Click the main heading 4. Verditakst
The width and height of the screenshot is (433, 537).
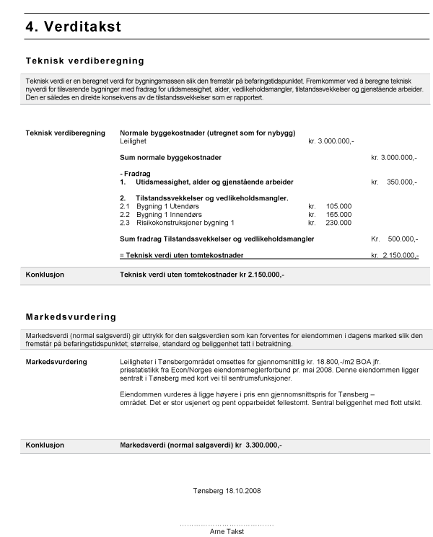[73, 27]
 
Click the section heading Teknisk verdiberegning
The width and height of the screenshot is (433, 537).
[85, 61]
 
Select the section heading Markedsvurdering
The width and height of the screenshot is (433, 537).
[71, 316]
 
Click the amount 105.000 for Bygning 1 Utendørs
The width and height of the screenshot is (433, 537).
[338, 206]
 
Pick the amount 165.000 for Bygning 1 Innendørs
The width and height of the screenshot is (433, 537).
[338, 215]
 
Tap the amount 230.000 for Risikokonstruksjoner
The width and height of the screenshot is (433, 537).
[338, 223]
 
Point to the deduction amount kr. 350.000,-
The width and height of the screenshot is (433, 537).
[394, 182]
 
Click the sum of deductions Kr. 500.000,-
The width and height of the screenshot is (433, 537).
[394, 239]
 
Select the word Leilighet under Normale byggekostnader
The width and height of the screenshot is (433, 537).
[134, 141]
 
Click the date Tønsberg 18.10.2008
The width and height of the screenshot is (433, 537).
[227, 490]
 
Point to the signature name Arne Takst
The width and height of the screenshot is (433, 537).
[227, 532]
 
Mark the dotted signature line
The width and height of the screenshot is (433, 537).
[227, 525]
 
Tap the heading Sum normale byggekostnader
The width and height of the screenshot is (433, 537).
[170, 157]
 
